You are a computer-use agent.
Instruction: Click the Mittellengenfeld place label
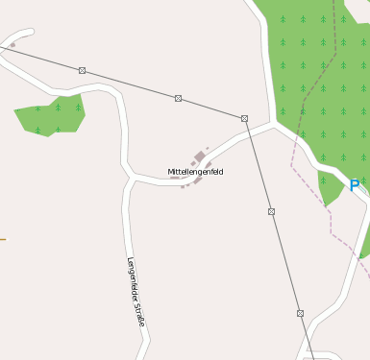[x=195, y=172]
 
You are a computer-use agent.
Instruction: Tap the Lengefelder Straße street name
[x=136, y=292]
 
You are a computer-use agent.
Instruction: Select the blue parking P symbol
[x=354, y=185]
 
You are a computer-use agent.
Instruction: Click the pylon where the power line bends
[x=245, y=118]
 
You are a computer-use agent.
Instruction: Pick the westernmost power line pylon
[x=83, y=70]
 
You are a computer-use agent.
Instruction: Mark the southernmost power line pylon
[x=300, y=313]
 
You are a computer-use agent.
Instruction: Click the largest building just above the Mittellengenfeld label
[x=200, y=156]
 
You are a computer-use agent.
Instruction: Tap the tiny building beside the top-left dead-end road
[x=12, y=44]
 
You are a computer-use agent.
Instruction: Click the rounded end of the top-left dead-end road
[x=31, y=33]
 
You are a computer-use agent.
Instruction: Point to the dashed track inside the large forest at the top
[x=339, y=38]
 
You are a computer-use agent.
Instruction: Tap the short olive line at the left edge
[x=3, y=239]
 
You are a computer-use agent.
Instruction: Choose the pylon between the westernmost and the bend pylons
[x=178, y=98]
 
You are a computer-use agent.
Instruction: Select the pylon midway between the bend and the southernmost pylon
[x=271, y=211]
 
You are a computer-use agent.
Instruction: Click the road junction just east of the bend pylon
[x=274, y=124]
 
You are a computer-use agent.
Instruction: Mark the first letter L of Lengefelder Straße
[x=129, y=260]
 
